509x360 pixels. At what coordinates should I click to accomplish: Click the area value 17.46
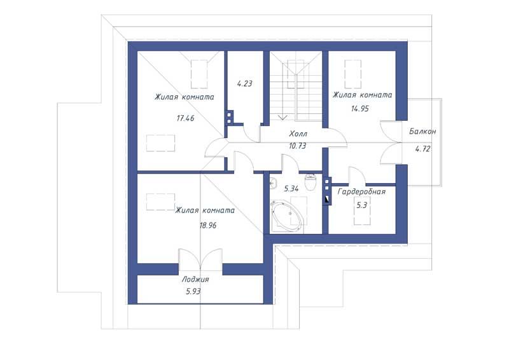(x=185, y=118)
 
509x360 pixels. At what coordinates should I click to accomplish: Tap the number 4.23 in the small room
(x=244, y=83)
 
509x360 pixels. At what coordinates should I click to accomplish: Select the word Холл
(x=298, y=134)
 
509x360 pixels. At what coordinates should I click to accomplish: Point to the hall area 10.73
(x=297, y=146)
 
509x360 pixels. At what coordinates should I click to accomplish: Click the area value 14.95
(x=360, y=108)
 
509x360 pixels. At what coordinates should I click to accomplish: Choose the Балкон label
(x=422, y=132)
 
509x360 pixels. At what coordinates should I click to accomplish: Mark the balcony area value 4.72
(x=422, y=149)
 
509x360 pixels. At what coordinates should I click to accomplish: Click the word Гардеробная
(x=361, y=191)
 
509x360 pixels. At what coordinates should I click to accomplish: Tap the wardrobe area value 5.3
(x=361, y=205)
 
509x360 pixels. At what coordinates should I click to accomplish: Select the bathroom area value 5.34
(x=291, y=189)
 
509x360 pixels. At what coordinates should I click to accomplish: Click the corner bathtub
(x=288, y=216)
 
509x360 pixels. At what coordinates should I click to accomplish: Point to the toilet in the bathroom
(x=310, y=182)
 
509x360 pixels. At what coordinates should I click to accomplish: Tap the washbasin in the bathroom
(x=273, y=184)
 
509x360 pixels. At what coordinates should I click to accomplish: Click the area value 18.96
(x=208, y=225)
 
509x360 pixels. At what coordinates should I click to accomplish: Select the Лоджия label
(x=195, y=279)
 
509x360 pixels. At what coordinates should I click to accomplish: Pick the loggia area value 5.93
(x=193, y=291)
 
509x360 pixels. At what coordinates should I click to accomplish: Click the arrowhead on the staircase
(x=282, y=117)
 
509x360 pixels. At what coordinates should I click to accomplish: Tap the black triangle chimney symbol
(x=327, y=199)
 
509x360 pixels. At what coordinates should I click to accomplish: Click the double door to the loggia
(x=200, y=260)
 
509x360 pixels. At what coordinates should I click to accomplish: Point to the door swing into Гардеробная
(x=357, y=176)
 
